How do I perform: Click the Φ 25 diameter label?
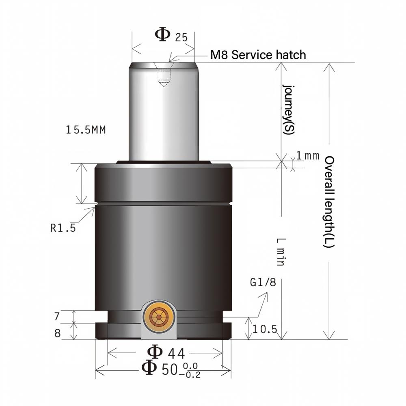coord(171,35)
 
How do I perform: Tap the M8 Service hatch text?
coord(258,55)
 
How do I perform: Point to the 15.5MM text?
coord(86,130)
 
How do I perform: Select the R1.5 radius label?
coord(63,228)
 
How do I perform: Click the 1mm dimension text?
coord(308,155)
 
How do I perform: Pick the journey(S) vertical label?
coord(288,109)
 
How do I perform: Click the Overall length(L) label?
coord(330,202)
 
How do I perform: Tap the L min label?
coord(281,252)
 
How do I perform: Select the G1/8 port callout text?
coord(263,282)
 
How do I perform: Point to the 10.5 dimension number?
coord(265,329)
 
